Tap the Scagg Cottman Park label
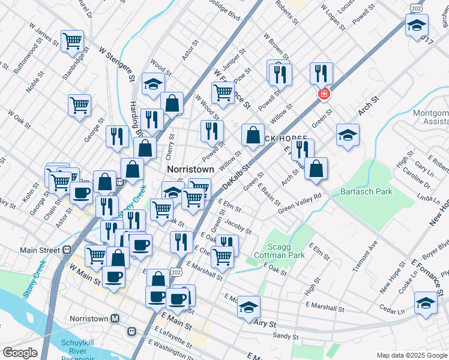285,250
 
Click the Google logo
20,353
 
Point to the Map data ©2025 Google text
411,355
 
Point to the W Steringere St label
116,64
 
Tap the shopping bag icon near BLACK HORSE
253,134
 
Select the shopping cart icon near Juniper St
223,92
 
